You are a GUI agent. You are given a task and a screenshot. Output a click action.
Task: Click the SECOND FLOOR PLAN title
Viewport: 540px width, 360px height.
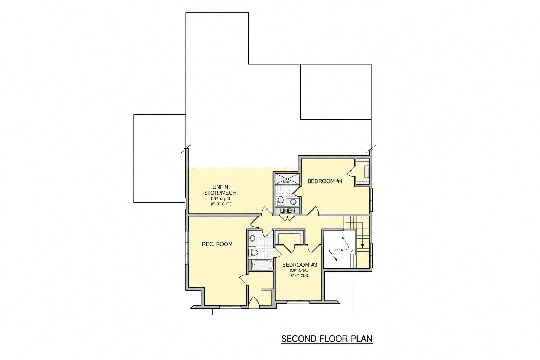tap(327, 339)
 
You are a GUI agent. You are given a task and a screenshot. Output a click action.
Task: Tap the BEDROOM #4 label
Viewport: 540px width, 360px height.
tap(325, 181)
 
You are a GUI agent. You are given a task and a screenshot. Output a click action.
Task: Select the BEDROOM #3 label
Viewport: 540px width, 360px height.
tap(300, 265)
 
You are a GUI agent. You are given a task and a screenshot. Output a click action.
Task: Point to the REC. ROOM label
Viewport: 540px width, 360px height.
tap(217, 244)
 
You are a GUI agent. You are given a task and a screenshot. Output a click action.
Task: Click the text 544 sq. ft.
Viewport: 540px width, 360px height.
tap(221, 199)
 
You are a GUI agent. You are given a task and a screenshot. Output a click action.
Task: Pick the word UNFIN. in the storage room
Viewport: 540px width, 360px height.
tap(221, 187)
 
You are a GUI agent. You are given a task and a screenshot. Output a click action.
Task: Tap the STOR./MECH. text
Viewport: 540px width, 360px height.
tap(221, 193)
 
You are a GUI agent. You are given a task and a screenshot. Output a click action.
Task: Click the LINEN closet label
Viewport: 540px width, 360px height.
tap(287, 211)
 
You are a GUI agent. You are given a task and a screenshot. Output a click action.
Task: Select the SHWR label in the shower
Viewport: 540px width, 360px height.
tap(287, 182)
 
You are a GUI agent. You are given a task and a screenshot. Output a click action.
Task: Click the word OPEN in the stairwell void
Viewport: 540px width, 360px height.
tap(339, 250)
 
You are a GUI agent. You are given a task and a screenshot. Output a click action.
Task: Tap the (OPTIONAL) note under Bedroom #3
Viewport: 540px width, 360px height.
tap(300, 271)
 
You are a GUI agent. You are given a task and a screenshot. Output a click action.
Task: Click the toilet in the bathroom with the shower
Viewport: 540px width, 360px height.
tap(281, 201)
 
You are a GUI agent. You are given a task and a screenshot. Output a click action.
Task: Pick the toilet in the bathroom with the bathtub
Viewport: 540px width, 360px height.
tap(253, 252)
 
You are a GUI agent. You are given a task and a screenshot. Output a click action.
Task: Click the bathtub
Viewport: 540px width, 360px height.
tap(262, 265)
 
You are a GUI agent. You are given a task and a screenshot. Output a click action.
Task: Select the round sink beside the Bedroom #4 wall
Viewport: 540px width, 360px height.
tap(293, 202)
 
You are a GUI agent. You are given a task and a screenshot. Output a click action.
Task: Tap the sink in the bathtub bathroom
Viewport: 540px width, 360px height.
tap(252, 238)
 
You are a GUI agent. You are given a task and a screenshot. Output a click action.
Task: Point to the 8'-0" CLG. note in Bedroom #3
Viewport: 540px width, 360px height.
tap(300, 275)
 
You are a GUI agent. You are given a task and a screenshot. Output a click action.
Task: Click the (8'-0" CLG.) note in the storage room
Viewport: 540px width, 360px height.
tap(221, 204)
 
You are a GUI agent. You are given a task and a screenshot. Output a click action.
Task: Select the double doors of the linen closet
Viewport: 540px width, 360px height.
tap(287, 218)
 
